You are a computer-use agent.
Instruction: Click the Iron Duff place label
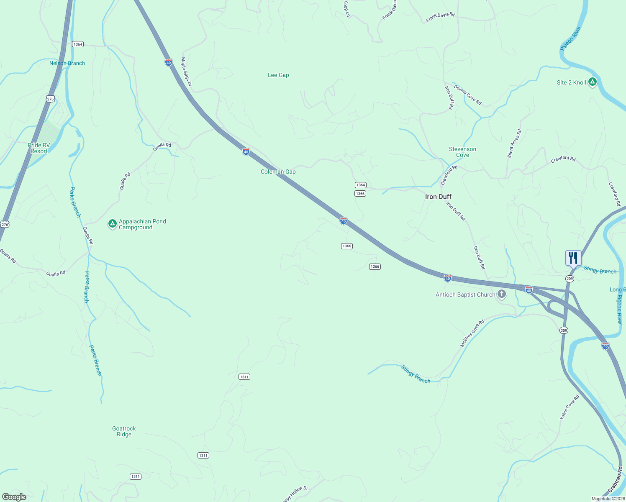pyautogui.click(x=438, y=197)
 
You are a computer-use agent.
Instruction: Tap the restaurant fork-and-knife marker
pyautogui.click(x=573, y=258)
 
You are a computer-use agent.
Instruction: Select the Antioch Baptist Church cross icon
pyautogui.click(x=501, y=295)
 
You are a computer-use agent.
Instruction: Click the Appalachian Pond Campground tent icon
pyautogui.click(x=112, y=224)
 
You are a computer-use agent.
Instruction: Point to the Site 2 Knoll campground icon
pyautogui.click(x=592, y=82)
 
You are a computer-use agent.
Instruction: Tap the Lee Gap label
pyautogui.click(x=278, y=75)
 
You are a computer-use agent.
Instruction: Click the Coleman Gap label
pyautogui.click(x=278, y=172)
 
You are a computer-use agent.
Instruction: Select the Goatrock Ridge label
pyautogui.click(x=124, y=431)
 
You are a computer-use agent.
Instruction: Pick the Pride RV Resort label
pyautogui.click(x=39, y=148)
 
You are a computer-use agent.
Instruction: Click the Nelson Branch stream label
pyautogui.click(x=67, y=64)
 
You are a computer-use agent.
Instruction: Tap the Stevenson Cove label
pyautogui.click(x=462, y=152)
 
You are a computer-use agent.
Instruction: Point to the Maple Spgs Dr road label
pyautogui.click(x=186, y=72)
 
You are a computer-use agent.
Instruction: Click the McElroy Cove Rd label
pyautogui.click(x=472, y=333)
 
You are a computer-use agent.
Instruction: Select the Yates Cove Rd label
pyautogui.click(x=570, y=407)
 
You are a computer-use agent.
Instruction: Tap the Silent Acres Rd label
pyautogui.click(x=514, y=143)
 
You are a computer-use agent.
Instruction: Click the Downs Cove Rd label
pyautogui.click(x=467, y=95)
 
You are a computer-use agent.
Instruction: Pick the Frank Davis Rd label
pyautogui.click(x=440, y=17)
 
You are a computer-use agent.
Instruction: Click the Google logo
pyautogui.click(x=14, y=497)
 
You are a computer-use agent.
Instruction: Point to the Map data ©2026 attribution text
pyautogui.click(x=608, y=499)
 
